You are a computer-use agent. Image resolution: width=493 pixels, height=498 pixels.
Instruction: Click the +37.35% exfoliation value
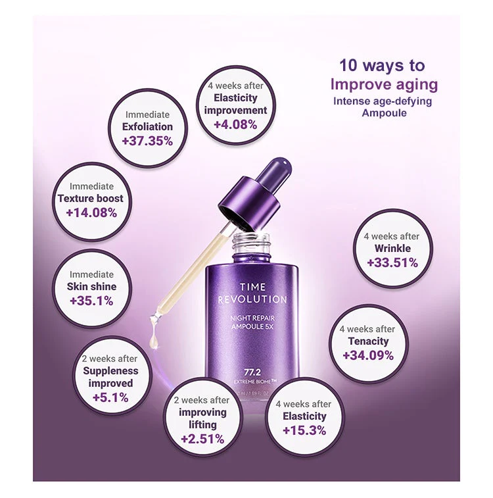coord(147,141)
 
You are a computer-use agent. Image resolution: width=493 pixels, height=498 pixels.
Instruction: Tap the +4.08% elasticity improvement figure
coord(235,124)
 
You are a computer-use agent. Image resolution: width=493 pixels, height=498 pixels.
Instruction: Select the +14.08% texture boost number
coord(91,212)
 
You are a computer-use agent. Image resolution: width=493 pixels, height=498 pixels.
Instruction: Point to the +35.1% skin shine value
coord(91,301)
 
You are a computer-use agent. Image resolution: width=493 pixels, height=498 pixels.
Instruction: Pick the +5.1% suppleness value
coord(110,397)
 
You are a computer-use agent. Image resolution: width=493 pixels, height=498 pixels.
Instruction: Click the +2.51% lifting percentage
coord(202,439)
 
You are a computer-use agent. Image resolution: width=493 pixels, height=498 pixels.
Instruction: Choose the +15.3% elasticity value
coord(304,430)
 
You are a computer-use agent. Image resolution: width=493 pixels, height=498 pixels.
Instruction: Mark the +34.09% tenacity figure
coord(368,355)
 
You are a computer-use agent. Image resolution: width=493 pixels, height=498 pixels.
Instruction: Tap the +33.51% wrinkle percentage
coord(392,262)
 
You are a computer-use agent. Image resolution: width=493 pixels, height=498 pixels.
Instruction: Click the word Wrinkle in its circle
coord(392,248)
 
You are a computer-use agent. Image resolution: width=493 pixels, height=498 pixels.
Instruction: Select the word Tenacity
coord(368,341)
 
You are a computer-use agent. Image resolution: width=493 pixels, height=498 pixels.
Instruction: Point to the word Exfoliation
coord(147,126)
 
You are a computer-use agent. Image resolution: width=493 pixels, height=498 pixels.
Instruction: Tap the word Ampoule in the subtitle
coord(384,112)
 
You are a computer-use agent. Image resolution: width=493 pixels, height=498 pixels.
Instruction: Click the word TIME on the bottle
coord(252,287)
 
